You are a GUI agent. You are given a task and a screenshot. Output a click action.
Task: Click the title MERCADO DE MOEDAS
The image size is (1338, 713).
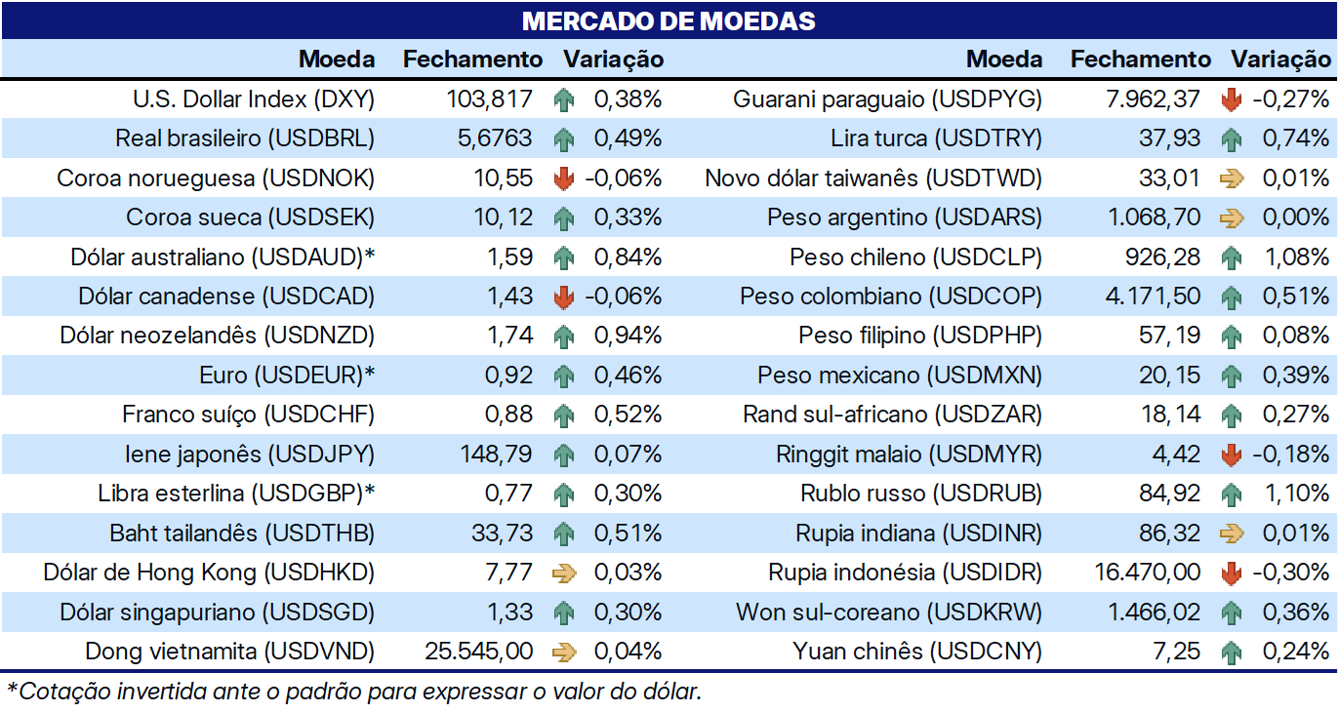669,20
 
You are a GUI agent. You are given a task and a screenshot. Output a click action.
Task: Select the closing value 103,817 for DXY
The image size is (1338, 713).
489,99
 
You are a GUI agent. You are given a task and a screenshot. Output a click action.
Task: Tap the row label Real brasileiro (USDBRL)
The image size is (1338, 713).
245,139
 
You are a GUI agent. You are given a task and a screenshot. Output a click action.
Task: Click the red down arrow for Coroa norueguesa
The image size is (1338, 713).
564,178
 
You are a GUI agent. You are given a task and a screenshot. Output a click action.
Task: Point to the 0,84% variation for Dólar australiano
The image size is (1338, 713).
628,257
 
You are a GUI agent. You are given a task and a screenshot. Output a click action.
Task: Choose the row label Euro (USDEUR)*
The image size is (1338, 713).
287,375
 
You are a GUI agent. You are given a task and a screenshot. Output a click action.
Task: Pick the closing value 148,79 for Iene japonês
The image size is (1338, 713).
496,454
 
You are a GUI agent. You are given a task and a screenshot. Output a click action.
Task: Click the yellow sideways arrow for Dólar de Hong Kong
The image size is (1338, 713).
564,573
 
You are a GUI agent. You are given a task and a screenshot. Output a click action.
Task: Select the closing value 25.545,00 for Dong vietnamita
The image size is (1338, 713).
478,651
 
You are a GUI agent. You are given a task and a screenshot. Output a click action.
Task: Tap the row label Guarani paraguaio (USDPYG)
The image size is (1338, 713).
888,99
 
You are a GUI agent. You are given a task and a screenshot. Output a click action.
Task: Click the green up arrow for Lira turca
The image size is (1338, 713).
1231,139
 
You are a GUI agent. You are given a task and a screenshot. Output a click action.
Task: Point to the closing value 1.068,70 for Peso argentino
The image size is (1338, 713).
1154,218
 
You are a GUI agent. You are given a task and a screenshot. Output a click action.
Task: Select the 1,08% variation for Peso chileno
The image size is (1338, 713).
1297,257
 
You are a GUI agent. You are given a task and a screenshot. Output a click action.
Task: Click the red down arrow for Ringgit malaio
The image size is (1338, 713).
1231,455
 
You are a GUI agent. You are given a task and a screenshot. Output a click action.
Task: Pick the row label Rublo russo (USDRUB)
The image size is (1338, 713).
921,494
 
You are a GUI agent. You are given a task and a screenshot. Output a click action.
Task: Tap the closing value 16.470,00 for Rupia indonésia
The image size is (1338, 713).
1148,573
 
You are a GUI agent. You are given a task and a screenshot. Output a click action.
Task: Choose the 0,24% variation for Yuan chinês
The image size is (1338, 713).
1296,651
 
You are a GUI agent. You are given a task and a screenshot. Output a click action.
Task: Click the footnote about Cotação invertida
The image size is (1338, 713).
353,692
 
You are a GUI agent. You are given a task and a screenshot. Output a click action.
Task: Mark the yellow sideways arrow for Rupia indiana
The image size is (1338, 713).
1232,534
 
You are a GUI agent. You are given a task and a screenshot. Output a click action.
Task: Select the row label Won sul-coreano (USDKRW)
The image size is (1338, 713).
889,613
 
